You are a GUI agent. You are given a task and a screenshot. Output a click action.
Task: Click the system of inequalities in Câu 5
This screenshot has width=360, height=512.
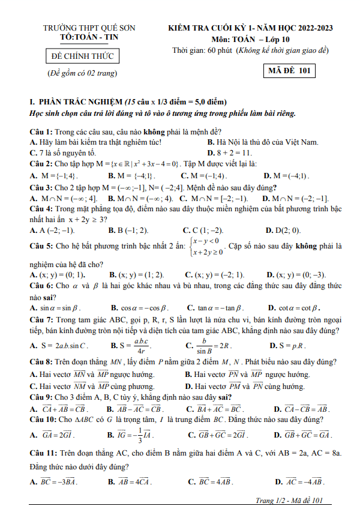click(x=206, y=246)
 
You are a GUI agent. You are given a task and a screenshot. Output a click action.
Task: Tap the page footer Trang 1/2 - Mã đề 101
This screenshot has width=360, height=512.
click(x=289, y=501)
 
